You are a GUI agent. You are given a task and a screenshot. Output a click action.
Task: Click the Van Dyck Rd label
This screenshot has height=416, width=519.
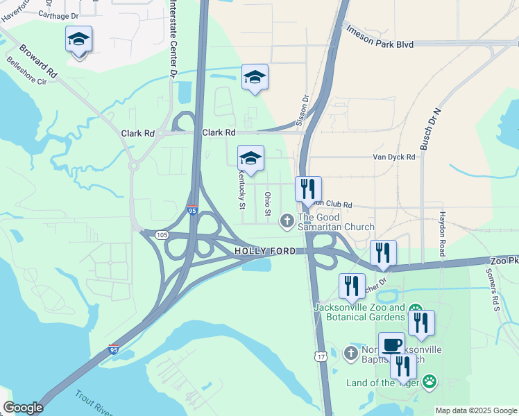point(393,157)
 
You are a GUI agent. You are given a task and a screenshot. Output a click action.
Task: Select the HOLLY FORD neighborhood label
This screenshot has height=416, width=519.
point(265,251)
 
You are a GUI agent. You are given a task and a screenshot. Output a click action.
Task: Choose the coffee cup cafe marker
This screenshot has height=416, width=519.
point(391,345)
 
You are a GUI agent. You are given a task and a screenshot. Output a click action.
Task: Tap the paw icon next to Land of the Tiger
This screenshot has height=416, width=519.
point(429,381)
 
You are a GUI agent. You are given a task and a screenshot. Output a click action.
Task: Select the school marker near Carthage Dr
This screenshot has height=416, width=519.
point(79,40)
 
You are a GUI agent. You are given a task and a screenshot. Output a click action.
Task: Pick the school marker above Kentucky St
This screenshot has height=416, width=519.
point(250,159)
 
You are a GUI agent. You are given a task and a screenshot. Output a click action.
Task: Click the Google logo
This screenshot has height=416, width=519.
point(23,408)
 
